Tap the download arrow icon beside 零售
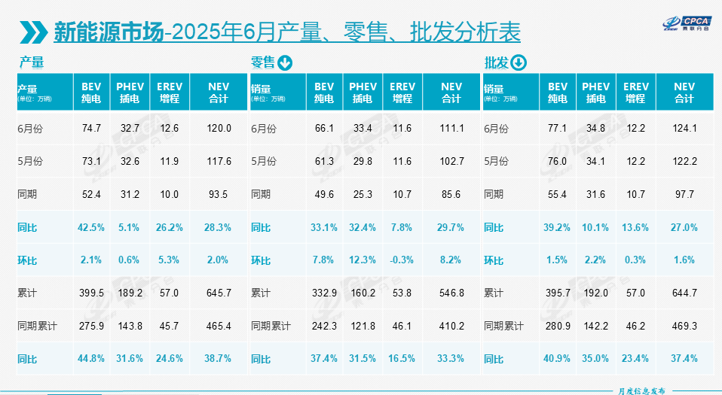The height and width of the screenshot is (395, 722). [x=285, y=62]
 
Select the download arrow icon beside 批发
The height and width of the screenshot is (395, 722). [x=518, y=62]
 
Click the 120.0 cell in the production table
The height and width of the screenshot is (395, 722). [x=219, y=129]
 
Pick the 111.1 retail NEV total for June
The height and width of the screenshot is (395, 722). [x=451, y=129]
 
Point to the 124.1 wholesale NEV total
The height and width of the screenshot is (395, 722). [x=684, y=129]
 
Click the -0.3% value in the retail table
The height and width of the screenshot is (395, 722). [x=402, y=260]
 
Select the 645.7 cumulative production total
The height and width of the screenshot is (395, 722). [x=219, y=293]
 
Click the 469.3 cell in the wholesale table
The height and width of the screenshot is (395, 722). [x=684, y=326]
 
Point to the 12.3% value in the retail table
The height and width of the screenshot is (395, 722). [x=363, y=260]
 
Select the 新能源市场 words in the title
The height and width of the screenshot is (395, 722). [x=109, y=32]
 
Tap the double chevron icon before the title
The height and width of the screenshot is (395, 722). [x=35, y=32]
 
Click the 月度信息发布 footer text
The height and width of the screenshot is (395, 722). [x=636, y=390]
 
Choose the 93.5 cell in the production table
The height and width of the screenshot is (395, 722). [x=219, y=194]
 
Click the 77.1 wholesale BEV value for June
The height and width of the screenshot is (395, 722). [x=558, y=129]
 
